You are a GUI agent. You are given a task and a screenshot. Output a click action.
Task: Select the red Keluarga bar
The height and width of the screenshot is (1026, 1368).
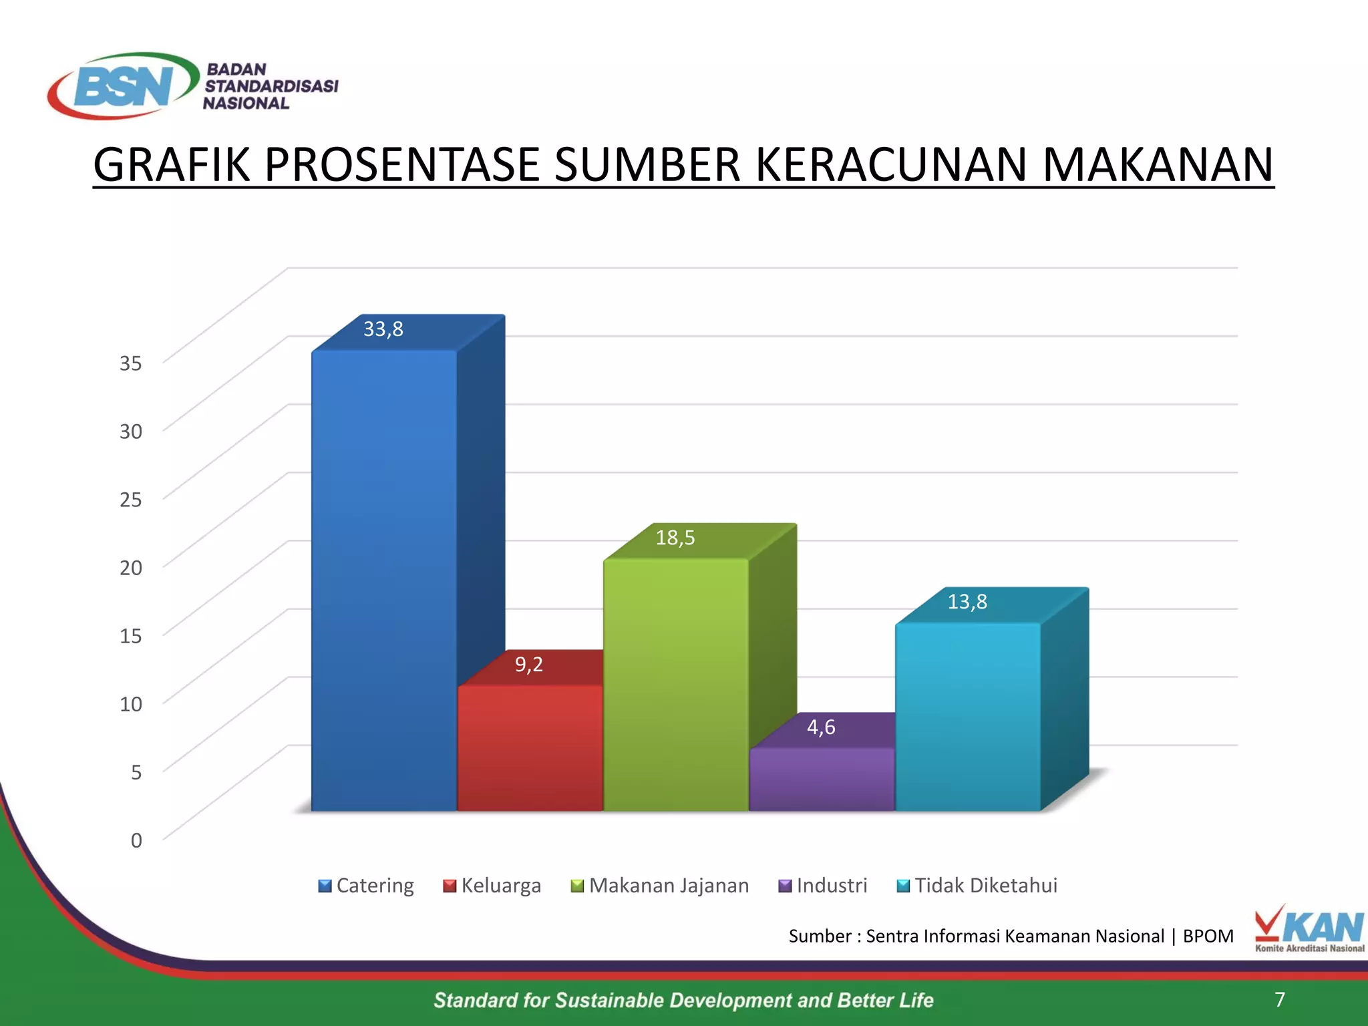click(530, 747)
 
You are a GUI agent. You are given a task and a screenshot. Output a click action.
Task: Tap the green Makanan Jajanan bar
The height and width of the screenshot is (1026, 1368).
click(675, 684)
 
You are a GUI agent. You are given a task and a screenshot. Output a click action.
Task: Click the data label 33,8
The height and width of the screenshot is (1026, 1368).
click(383, 329)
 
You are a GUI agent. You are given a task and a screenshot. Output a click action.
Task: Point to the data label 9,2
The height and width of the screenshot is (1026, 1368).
click(529, 665)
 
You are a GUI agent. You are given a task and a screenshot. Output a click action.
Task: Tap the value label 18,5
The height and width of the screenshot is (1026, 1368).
click(675, 538)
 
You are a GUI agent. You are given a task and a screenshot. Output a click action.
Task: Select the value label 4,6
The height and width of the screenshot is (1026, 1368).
click(821, 727)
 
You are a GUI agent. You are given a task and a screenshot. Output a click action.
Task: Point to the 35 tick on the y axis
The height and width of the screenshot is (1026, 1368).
click(131, 363)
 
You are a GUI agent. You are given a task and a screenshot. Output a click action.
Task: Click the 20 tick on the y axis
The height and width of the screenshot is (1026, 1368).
click(131, 568)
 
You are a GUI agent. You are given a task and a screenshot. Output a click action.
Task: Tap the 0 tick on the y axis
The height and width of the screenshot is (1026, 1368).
click(136, 840)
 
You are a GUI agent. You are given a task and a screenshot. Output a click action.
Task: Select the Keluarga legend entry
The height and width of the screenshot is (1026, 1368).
click(492, 886)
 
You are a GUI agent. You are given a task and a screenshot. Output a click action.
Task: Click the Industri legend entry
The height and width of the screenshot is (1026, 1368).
click(823, 886)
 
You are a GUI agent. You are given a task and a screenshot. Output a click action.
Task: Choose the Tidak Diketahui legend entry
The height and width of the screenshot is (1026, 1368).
click(977, 886)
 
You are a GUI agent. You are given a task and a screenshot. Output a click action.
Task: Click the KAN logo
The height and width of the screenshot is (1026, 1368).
click(1309, 928)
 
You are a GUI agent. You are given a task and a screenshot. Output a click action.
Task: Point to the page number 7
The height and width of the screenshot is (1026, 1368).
click(1279, 999)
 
